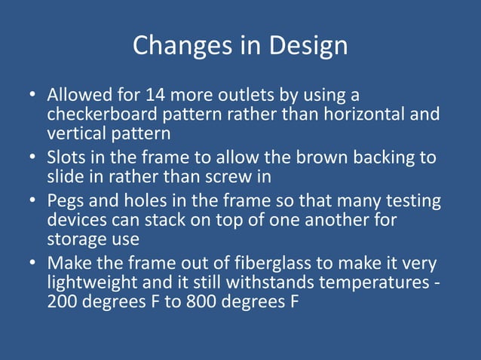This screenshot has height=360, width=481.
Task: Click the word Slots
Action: pyautogui.click(x=66, y=158)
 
